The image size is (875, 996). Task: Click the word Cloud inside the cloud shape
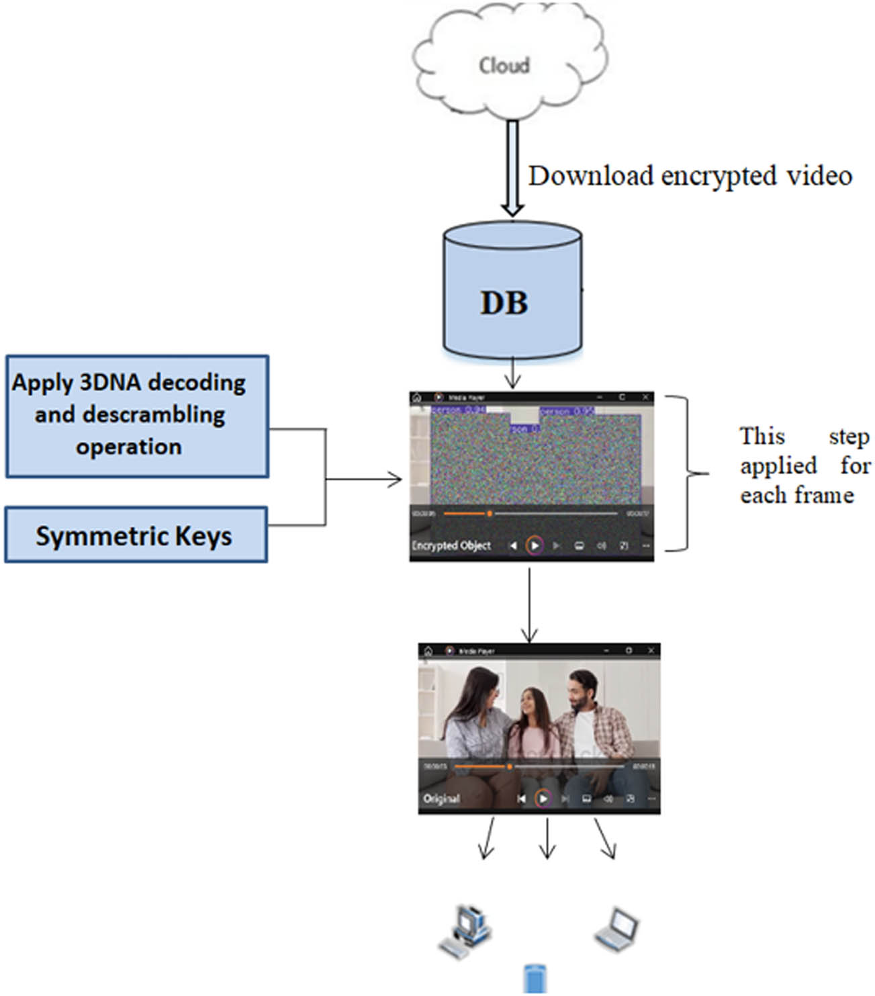504,65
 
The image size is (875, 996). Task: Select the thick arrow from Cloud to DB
512,168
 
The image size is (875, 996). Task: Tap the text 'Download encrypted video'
690,176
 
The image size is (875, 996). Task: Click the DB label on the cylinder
504,303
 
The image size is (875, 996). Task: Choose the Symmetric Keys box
136,535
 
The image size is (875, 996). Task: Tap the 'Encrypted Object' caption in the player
451,545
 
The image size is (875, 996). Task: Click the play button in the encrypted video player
535,545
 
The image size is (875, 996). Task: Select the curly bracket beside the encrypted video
688,473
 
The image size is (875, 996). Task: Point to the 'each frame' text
796,496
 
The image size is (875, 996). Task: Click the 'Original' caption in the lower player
441,799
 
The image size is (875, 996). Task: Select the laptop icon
616,929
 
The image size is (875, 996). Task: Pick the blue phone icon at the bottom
535,979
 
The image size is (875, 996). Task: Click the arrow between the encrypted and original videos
530,604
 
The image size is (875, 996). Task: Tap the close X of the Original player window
651,650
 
